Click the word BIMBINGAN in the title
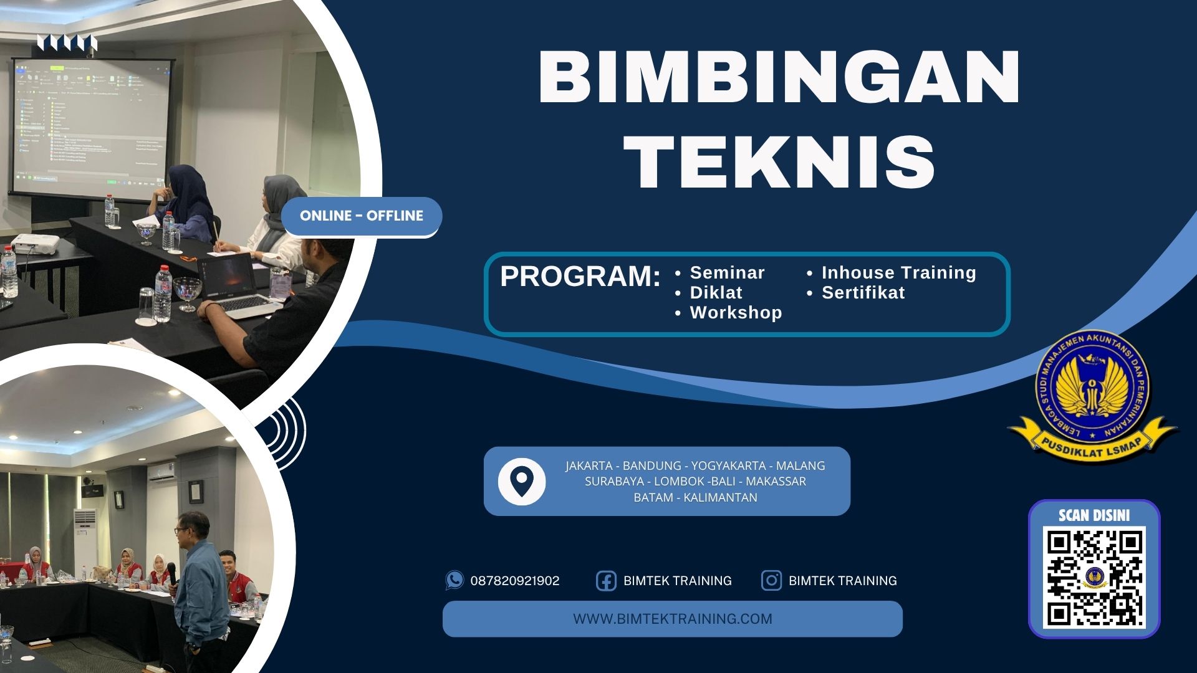(779, 77)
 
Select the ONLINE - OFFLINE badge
(362, 216)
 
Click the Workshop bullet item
(736, 313)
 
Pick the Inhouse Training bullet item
(898, 273)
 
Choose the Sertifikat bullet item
(863, 293)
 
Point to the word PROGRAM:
(580, 277)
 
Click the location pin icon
(522, 481)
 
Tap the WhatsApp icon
(454, 580)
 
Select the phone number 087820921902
(515, 581)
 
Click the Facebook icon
(606, 581)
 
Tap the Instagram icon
(771, 581)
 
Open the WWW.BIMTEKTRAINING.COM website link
(672, 619)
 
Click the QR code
(1094, 577)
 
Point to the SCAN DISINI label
(1094, 515)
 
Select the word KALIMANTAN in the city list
(720, 497)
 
